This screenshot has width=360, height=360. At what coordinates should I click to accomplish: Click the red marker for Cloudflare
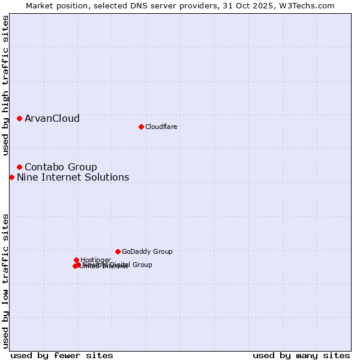pos(141,127)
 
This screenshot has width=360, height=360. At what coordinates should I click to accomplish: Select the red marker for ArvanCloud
pos(20,119)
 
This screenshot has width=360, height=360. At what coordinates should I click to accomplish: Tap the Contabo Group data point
pos(20,167)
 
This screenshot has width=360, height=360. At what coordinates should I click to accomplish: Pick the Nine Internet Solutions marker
pos(12,177)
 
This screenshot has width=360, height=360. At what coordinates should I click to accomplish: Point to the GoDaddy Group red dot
pos(118,251)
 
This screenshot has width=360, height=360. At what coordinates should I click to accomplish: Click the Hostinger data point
pos(77,260)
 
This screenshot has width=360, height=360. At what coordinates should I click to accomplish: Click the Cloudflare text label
pos(161,127)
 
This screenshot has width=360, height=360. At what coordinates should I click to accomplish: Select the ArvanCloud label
pos(52,119)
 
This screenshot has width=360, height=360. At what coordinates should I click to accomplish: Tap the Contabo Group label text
pos(61,167)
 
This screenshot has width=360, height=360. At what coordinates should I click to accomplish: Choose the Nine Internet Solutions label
pos(73,177)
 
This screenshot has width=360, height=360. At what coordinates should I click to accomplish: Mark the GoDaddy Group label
pos(147,251)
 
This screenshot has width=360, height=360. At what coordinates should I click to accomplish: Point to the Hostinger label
pos(95,260)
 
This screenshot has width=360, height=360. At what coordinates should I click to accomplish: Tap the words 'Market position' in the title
pos(55,5)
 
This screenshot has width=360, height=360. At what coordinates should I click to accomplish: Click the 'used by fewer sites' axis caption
pos(62,355)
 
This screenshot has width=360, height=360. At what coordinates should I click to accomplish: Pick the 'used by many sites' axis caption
pos(301,355)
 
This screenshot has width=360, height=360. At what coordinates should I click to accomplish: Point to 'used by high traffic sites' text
pos(6,86)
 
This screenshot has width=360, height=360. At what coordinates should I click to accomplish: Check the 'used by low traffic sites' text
pos(6,280)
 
